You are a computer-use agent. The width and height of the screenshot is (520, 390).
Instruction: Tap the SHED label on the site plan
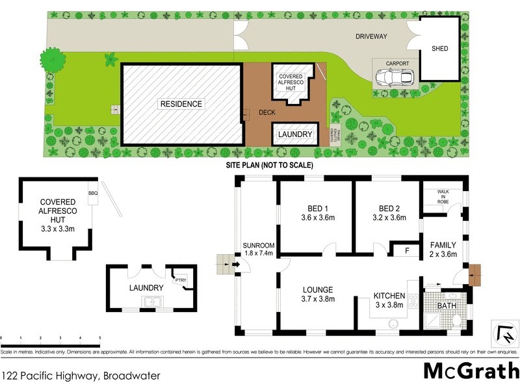coord(440,49)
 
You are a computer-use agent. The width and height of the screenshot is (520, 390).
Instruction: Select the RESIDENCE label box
coord(181,104)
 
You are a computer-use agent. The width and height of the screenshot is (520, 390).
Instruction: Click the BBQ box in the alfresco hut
coord(92,193)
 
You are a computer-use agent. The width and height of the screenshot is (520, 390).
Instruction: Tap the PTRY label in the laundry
coord(179,281)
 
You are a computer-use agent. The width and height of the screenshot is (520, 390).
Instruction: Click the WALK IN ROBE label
coord(443,197)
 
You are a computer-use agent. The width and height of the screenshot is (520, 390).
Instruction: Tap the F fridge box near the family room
coord(407,249)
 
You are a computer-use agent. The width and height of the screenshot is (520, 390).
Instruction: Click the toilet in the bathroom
coord(458,319)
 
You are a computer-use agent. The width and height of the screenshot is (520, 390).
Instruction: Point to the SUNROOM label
coord(257,245)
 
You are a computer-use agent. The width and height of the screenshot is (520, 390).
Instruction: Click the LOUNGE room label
coord(318,290)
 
